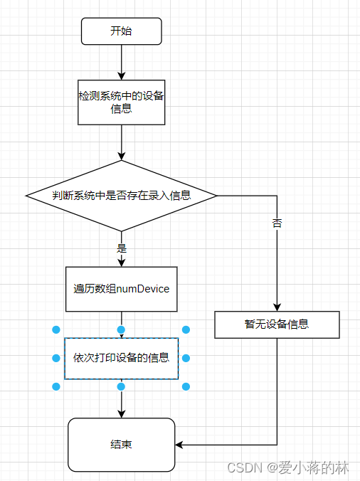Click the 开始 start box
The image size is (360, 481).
tap(122, 31)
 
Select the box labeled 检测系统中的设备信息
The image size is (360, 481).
tap(122, 102)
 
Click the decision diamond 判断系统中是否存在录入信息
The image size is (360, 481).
tap(122, 195)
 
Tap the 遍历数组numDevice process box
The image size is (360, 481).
tap(121, 289)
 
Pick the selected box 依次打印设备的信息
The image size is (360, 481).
tap(121, 358)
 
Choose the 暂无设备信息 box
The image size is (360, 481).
tap(277, 324)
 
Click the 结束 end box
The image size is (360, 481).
tap(122, 445)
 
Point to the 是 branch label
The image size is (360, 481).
tap(121, 248)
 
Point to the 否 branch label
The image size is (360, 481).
tap(277, 223)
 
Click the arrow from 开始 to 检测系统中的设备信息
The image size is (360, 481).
tap(122, 63)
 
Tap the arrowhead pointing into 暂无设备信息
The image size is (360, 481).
tap(277, 307)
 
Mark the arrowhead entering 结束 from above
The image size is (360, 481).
tap(122, 413)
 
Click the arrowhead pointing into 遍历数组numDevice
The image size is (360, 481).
tap(122, 263)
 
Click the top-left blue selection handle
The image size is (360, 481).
tap(56, 329)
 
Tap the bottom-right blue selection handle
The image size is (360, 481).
tap(186, 386)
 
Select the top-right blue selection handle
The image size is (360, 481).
tap(186, 329)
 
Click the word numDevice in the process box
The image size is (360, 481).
tap(143, 289)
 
